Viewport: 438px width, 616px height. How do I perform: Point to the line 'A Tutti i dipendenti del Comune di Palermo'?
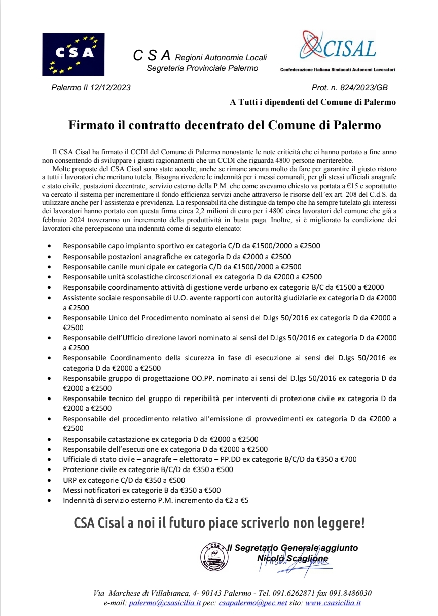click(x=313, y=102)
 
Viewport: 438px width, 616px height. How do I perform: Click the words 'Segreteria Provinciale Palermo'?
click(x=202, y=68)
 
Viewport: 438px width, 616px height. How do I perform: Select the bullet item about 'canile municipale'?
click(x=182, y=266)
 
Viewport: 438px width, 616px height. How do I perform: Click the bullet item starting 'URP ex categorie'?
click(x=124, y=480)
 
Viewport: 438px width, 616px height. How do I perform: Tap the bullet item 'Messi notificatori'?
click(x=141, y=490)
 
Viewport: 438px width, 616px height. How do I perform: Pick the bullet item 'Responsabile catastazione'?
click(x=161, y=439)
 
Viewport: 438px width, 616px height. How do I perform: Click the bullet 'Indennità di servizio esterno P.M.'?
click(x=156, y=500)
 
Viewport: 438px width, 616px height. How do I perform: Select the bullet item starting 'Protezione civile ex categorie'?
click(x=148, y=469)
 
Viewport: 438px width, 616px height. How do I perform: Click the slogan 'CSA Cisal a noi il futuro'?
click(x=219, y=523)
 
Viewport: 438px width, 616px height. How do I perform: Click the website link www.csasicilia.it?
click(x=333, y=603)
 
